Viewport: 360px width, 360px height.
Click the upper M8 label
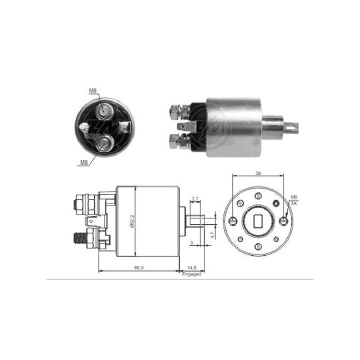point(93,90)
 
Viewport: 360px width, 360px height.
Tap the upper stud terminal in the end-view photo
point(104,109)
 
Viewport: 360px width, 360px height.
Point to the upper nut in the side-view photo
point(175,110)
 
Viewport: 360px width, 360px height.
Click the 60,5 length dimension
point(138,268)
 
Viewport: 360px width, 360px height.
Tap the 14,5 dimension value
point(191,268)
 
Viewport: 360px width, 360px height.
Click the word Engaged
point(191,274)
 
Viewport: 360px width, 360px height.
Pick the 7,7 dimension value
point(195,199)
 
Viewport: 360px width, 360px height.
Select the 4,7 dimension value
point(212,232)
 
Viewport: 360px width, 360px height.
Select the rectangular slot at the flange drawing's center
point(258,220)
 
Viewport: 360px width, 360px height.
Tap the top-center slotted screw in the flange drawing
point(258,195)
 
